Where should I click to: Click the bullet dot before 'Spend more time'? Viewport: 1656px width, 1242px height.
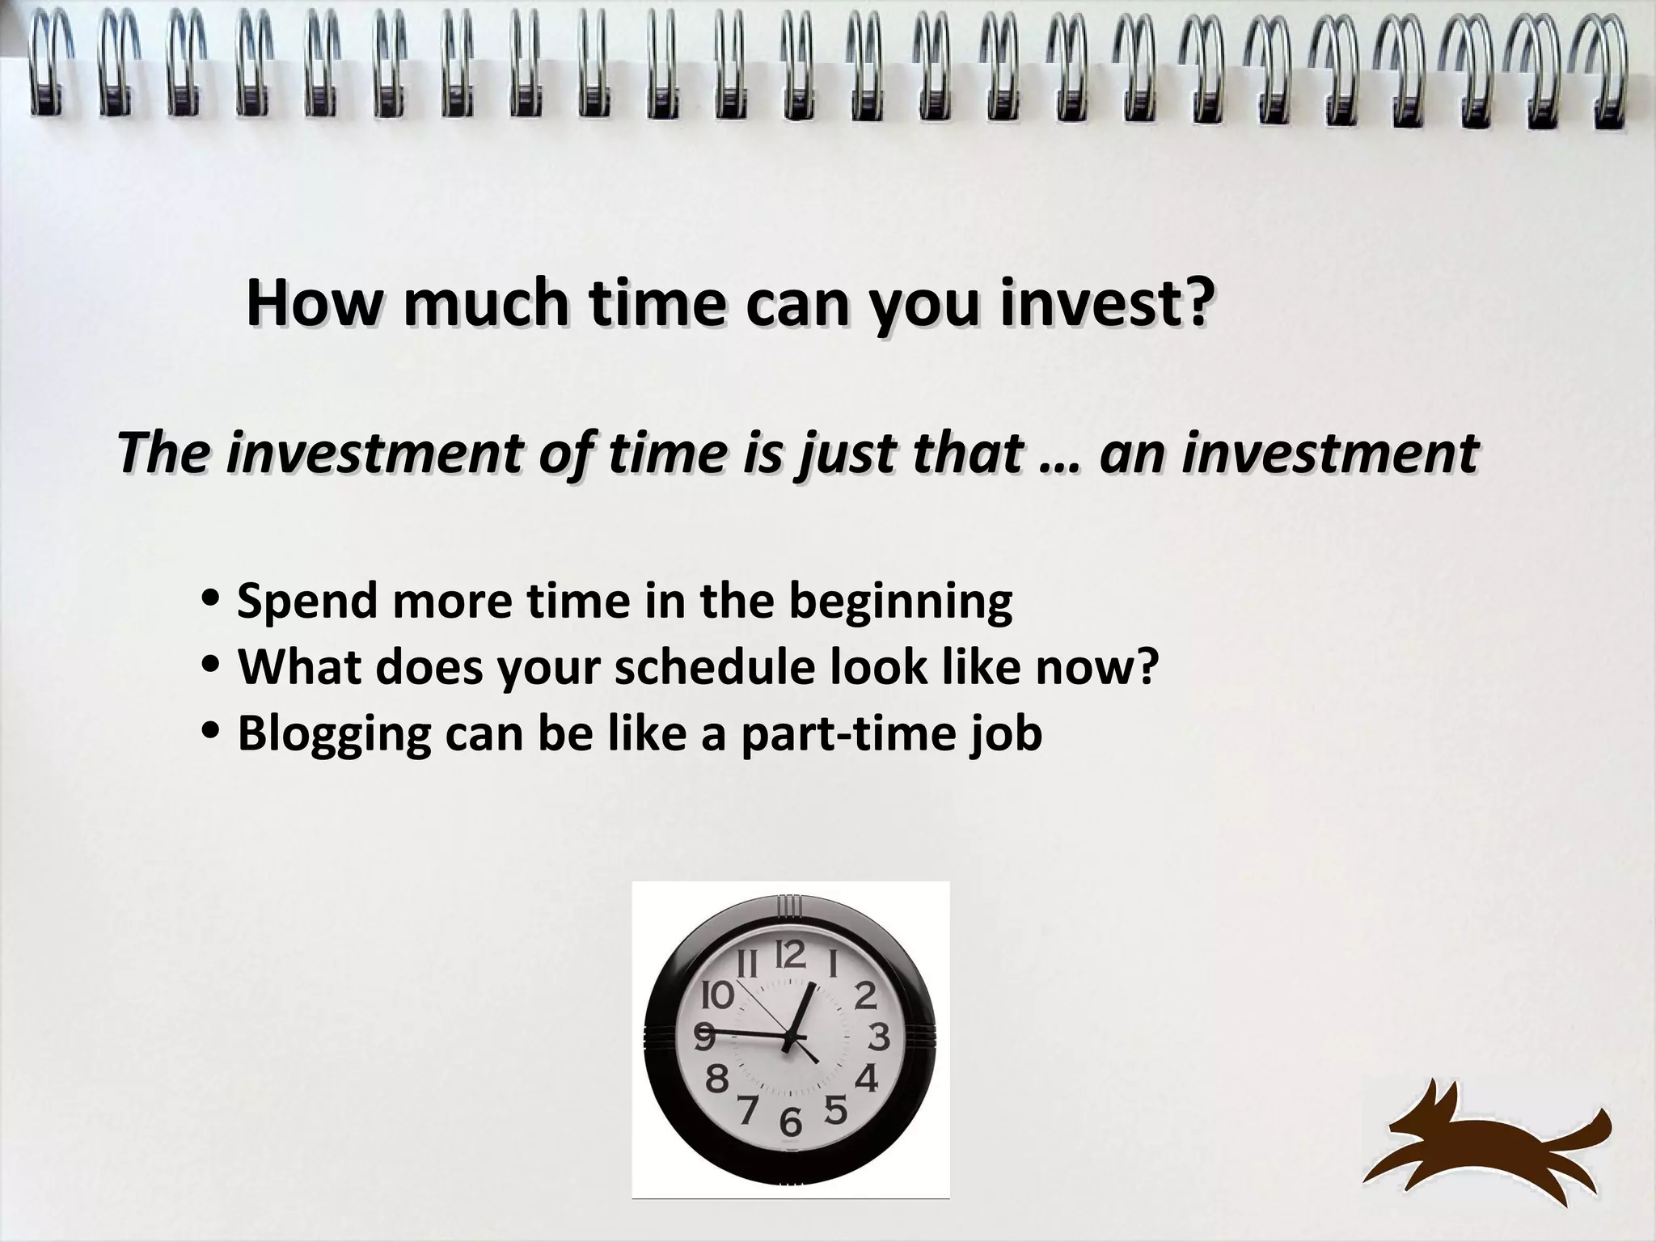click(x=211, y=602)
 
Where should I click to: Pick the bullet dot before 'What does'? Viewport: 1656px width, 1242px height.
click(x=211, y=668)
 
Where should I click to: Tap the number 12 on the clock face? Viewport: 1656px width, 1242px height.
click(x=790, y=956)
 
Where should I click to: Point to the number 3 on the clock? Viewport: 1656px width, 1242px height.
click(x=879, y=1037)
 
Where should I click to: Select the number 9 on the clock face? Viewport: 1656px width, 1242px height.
click(x=704, y=1037)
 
